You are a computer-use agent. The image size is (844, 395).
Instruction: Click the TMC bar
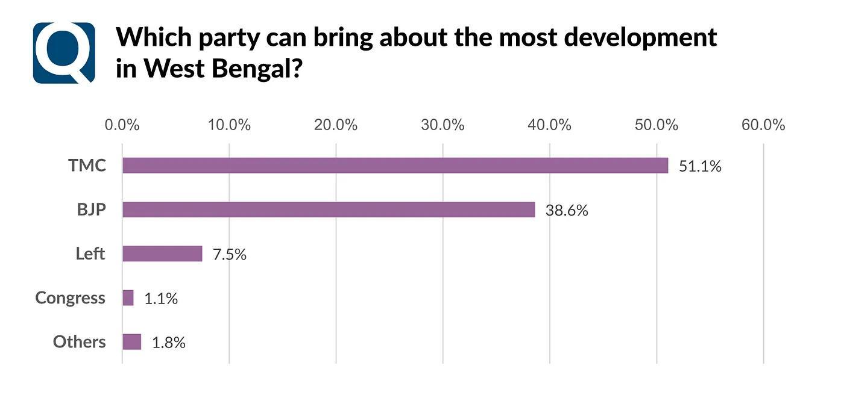coord(395,166)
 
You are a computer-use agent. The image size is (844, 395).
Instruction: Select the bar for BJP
coord(329,210)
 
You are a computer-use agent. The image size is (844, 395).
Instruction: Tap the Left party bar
coord(162,253)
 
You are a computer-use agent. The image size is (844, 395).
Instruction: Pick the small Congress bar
coord(128,297)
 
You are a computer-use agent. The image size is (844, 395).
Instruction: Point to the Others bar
coord(131,342)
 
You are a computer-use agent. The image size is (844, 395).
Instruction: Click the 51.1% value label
coord(700,166)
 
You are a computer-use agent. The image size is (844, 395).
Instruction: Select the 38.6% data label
coord(567,210)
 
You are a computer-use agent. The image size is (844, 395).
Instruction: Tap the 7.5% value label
coord(230,254)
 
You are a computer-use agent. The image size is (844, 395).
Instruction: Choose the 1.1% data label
coord(161,298)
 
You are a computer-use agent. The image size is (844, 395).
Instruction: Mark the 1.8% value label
coord(169,343)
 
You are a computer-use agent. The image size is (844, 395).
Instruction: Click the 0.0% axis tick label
coord(122,125)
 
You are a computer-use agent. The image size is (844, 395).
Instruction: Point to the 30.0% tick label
coord(442,125)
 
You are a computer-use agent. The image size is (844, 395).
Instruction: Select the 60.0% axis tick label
coord(763,125)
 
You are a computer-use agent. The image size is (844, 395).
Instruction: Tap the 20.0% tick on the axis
coord(336,125)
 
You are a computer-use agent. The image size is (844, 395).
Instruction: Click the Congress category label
coord(70,298)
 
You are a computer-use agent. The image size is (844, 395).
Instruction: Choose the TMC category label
coord(87,166)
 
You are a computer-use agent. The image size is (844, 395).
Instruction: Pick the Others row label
coord(79,342)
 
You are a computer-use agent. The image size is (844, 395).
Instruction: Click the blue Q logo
coord(64,53)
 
